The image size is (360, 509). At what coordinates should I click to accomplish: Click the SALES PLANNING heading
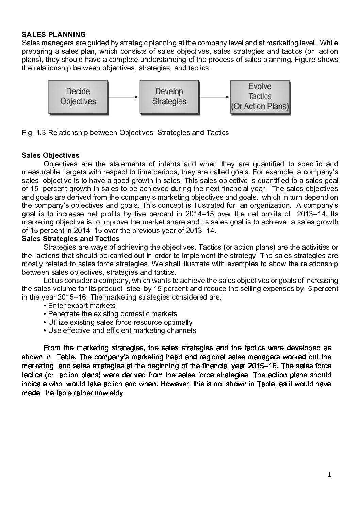[54, 35]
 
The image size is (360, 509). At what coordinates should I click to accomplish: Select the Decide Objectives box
[78, 97]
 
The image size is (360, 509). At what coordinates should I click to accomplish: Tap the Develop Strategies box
[169, 97]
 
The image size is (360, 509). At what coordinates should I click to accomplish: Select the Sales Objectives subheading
[50, 155]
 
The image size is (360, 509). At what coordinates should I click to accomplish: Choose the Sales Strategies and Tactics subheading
[70, 239]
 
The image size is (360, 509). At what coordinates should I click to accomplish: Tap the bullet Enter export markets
[82, 306]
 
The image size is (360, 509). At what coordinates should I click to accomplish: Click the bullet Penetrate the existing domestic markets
[112, 314]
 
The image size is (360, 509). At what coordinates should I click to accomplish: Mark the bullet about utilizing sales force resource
[120, 322]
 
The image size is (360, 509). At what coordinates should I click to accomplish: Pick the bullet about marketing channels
[122, 330]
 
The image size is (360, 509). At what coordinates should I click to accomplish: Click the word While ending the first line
[329, 43]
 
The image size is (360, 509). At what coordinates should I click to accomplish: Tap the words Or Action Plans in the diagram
[260, 106]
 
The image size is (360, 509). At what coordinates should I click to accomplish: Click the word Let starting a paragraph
[48, 281]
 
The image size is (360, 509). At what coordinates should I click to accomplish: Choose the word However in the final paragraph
[174, 384]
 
